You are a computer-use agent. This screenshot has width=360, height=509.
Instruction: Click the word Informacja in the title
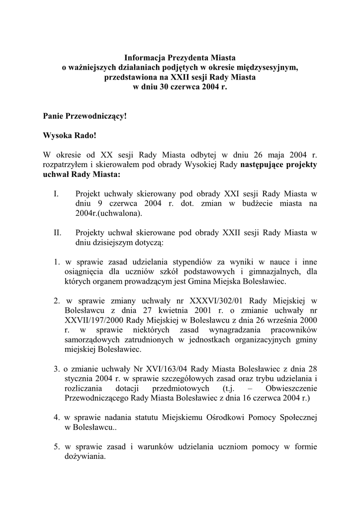tap(143, 58)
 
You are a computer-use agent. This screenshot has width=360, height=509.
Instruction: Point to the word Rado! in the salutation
tap(90, 135)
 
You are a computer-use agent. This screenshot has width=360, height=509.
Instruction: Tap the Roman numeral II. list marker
tap(57, 233)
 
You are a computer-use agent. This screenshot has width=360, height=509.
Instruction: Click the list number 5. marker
tap(57, 446)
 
